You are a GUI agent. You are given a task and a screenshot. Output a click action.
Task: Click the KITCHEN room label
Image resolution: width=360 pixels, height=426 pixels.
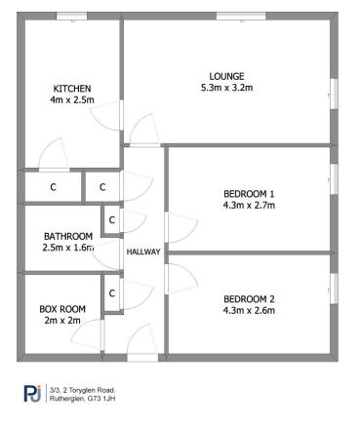[x=71, y=88]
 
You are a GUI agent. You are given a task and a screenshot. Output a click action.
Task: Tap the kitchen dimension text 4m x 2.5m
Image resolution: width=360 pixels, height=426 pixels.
[x=71, y=99]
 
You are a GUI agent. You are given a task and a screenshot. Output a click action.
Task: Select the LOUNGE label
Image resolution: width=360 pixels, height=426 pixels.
[x=227, y=76]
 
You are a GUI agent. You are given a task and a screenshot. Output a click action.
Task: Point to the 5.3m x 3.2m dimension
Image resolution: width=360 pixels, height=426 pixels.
[x=227, y=88]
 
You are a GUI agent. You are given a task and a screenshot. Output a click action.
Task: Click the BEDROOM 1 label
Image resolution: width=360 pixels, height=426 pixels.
[x=249, y=193]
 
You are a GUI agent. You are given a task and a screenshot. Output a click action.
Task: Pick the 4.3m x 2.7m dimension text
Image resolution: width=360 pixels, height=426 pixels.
[x=249, y=206]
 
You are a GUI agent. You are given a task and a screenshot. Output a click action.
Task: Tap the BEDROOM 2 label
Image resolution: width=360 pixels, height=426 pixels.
[x=249, y=298]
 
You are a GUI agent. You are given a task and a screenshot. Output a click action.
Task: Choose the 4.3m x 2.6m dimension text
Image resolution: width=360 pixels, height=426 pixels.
[x=249, y=311]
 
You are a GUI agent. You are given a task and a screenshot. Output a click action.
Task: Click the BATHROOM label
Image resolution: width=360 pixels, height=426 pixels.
[x=68, y=236]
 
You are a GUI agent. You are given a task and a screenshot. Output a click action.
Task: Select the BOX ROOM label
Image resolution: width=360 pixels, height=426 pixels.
[x=61, y=309]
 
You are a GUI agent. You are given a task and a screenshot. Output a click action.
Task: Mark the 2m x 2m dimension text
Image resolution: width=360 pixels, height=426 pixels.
[x=61, y=321]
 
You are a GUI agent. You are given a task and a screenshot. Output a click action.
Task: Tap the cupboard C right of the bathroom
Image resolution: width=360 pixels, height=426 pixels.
[x=112, y=220]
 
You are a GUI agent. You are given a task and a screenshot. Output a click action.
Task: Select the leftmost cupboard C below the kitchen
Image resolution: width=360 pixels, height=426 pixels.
[x=53, y=185]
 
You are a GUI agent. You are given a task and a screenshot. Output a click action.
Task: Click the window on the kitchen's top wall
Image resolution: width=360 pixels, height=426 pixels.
[x=70, y=16]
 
